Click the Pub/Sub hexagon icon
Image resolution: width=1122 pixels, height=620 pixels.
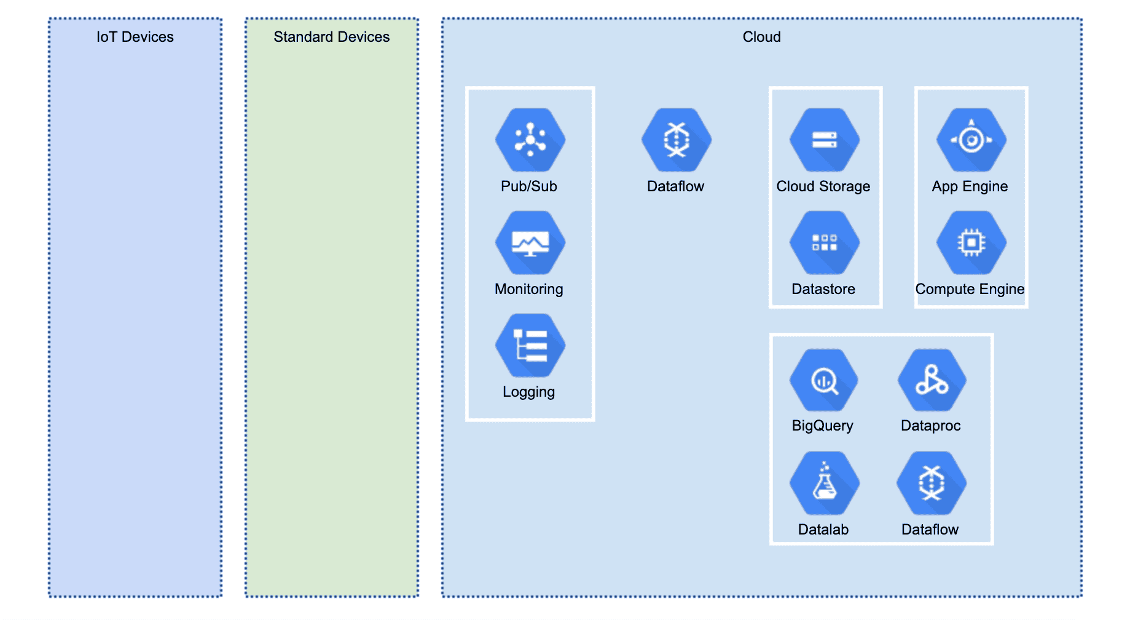(530, 140)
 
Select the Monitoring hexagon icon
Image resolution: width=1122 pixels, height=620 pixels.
(530, 243)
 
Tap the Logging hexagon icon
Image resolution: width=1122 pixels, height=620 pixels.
(530, 346)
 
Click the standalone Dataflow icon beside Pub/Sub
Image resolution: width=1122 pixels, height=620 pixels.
(677, 140)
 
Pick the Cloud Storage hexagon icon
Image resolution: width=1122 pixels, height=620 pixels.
(824, 140)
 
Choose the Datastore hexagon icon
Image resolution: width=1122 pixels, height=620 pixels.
(824, 243)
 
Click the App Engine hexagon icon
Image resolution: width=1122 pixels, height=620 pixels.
(971, 140)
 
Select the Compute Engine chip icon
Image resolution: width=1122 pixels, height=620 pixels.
(971, 243)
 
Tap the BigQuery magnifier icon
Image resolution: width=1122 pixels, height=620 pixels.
(824, 381)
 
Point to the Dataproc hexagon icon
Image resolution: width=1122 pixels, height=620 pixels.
(932, 381)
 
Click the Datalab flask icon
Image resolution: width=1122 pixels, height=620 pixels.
(824, 483)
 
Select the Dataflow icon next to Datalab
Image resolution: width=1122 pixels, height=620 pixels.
(932, 483)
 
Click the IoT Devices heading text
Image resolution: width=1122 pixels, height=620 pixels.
(135, 37)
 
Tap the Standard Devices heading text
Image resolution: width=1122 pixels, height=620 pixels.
(332, 37)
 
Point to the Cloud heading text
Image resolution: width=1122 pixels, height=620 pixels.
(762, 37)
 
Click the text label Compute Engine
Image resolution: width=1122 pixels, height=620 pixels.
(970, 289)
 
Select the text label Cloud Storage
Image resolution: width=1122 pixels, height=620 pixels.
(823, 186)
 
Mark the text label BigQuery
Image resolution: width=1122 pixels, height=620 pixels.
(822, 426)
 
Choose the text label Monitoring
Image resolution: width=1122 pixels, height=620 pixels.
(529, 289)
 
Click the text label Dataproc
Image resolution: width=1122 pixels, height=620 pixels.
(930, 426)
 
